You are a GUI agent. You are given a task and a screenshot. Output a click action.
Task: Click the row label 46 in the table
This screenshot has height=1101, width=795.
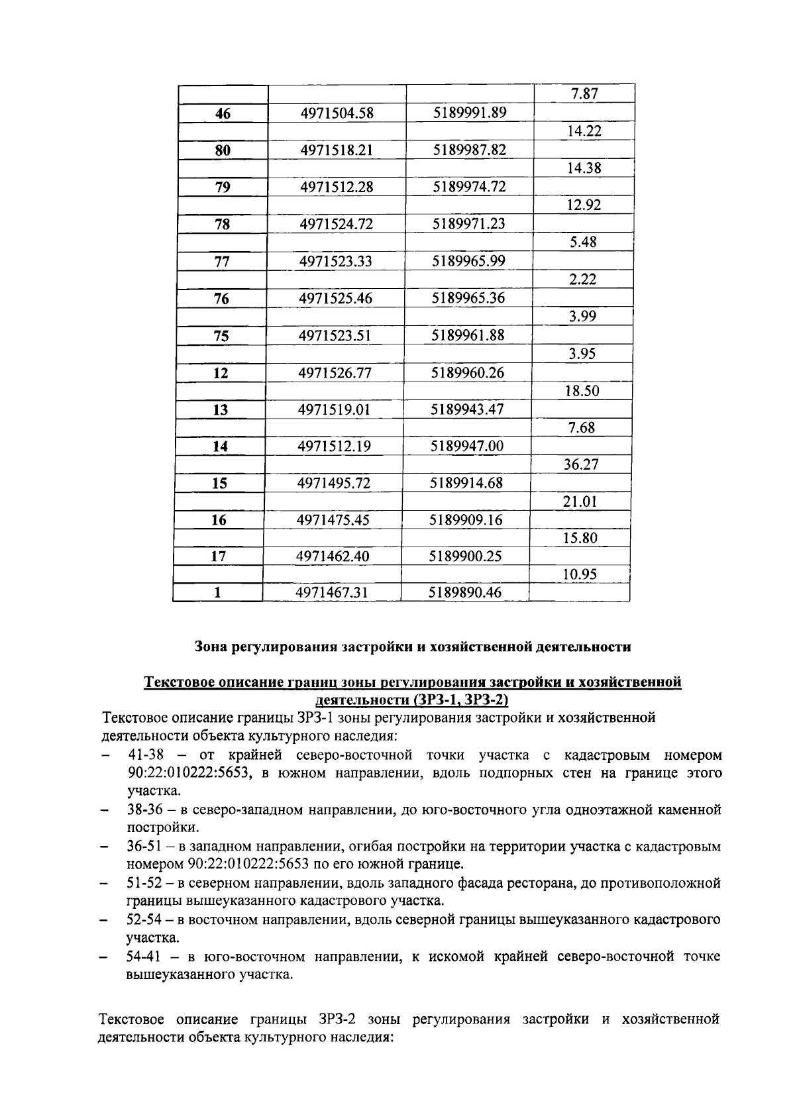pyautogui.click(x=223, y=113)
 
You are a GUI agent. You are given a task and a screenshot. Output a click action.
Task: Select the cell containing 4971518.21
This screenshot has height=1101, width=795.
pyautogui.click(x=337, y=150)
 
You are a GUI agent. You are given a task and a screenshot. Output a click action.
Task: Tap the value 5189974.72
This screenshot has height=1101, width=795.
pyautogui.click(x=469, y=187)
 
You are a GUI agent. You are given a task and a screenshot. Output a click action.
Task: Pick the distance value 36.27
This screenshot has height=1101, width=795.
pyautogui.click(x=581, y=464)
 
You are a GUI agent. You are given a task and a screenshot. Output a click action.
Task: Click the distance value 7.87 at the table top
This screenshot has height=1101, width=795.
pyautogui.click(x=584, y=94)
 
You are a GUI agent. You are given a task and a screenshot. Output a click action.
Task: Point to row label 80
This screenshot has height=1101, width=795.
pyautogui.click(x=223, y=150)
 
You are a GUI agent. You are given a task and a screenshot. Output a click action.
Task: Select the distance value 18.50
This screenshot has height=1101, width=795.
pyautogui.click(x=582, y=391)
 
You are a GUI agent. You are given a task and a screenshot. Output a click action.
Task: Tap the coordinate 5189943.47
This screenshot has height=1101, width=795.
pyautogui.click(x=467, y=409)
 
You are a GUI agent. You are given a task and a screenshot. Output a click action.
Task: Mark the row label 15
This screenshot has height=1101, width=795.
pyautogui.click(x=219, y=484)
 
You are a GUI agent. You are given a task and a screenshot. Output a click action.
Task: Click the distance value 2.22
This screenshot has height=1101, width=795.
pyautogui.click(x=583, y=280)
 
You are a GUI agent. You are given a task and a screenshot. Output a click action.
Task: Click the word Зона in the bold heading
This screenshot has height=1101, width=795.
pyautogui.click(x=211, y=647)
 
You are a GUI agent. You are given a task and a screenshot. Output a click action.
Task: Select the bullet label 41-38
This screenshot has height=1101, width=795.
pyautogui.click(x=145, y=755)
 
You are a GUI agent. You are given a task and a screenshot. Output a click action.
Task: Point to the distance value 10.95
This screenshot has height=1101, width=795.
pyautogui.click(x=580, y=574)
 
